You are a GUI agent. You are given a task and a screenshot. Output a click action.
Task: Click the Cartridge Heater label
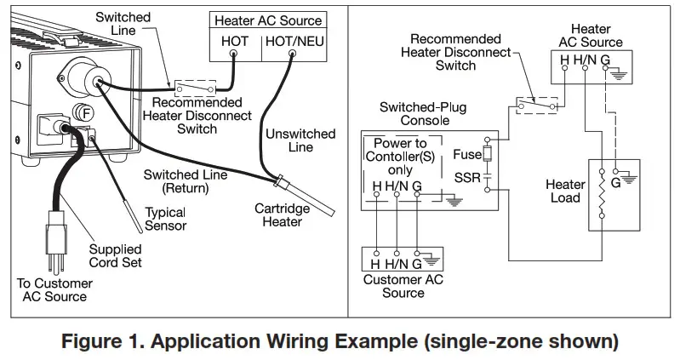[x=278, y=214]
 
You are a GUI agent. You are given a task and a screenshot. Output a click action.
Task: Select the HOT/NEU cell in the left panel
[x=291, y=40]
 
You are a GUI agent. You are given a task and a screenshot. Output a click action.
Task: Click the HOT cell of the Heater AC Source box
[x=234, y=40]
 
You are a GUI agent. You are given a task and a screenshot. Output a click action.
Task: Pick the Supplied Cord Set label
[x=118, y=256]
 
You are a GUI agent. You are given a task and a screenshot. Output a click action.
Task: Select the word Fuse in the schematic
[x=466, y=155]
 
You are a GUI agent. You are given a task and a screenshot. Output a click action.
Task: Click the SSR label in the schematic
[x=466, y=177]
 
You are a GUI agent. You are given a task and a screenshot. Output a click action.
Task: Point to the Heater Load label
[x=566, y=191]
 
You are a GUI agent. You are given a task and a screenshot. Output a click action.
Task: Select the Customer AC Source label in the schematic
[x=403, y=286]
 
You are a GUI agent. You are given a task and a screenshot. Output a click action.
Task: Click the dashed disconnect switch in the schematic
[x=537, y=106]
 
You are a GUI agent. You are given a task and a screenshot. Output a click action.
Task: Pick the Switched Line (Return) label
[x=185, y=181]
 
